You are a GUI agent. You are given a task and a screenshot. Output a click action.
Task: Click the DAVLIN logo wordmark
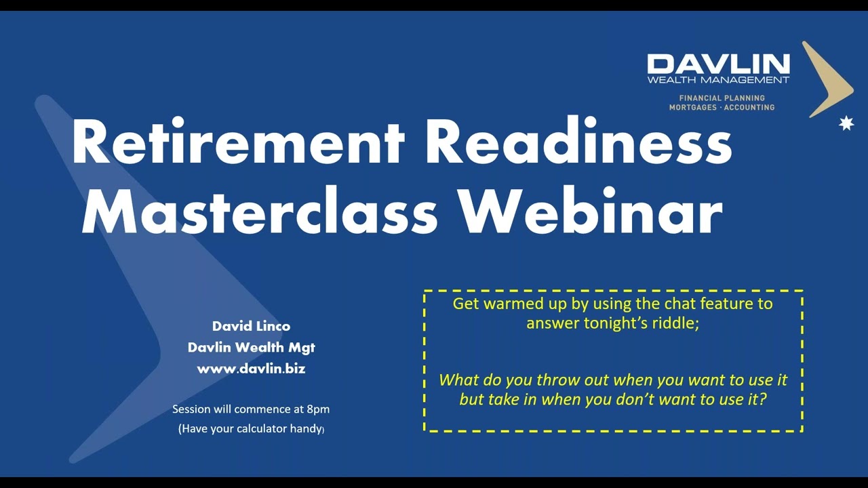(x=718, y=64)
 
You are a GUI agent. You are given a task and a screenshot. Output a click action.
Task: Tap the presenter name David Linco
(x=251, y=326)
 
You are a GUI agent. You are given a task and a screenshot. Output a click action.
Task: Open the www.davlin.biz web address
(x=251, y=369)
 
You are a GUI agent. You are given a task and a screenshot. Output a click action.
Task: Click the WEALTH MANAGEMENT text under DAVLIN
(x=718, y=80)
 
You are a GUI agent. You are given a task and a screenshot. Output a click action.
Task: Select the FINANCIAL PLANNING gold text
(x=722, y=98)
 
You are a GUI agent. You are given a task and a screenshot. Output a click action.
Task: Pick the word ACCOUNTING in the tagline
(x=749, y=107)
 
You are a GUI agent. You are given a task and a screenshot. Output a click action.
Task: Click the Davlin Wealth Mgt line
(x=251, y=348)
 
